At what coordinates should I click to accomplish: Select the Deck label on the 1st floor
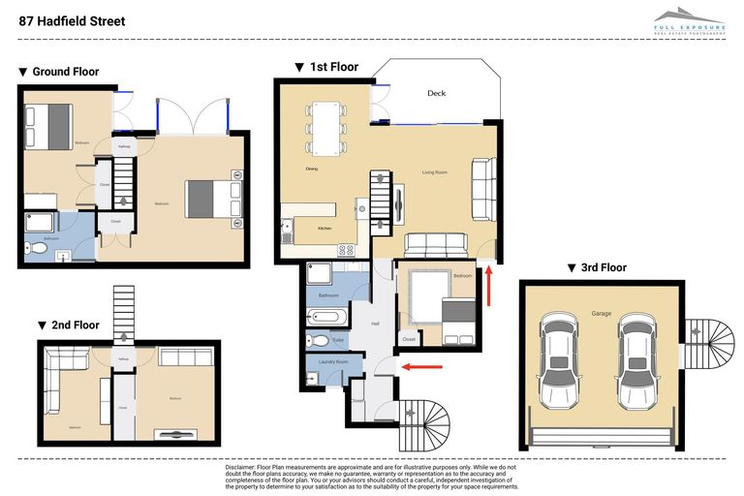click(436, 94)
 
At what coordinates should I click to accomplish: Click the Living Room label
click(434, 172)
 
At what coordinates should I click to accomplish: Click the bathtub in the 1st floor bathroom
click(322, 316)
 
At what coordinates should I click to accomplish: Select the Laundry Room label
click(332, 362)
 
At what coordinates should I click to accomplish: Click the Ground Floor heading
click(65, 72)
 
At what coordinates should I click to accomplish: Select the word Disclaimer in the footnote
click(245, 468)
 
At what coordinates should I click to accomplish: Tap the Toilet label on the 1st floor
click(338, 340)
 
